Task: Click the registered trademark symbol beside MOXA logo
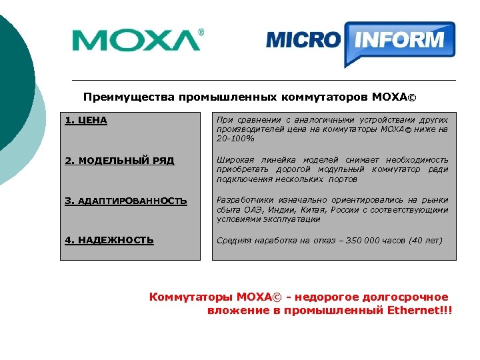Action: coord(202,32)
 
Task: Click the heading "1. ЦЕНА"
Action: coord(87,121)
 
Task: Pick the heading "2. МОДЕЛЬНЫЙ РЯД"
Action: coord(120,161)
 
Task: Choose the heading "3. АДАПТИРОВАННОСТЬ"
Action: coord(126,201)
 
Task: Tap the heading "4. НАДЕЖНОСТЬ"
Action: coord(109,240)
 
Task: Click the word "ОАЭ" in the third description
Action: coord(250,209)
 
